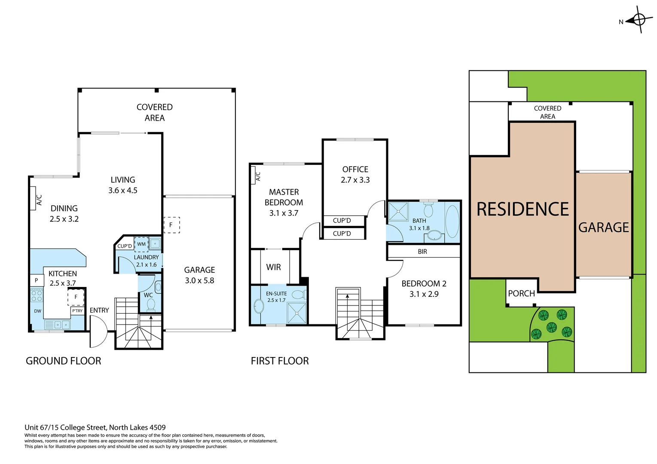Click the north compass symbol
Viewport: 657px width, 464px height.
tap(639, 20)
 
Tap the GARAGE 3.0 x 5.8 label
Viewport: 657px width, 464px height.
tap(199, 275)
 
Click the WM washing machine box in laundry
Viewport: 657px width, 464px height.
tap(141, 244)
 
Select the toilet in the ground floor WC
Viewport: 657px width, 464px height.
tap(151, 304)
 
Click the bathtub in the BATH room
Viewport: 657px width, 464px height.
tap(452, 222)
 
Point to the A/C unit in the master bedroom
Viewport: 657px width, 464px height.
tap(253, 176)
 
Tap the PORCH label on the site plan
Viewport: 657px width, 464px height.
tap(521, 293)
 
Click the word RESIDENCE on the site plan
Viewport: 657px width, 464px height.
tap(523, 209)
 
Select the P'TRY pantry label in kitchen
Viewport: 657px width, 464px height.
tap(77, 311)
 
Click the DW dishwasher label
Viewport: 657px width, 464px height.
tap(38, 311)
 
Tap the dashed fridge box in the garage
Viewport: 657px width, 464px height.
tap(171, 225)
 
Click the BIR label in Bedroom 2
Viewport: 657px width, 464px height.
tap(422, 252)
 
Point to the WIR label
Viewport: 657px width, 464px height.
tap(273, 267)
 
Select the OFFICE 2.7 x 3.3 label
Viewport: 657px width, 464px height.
tap(355, 174)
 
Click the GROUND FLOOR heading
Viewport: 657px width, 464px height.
tap(64, 361)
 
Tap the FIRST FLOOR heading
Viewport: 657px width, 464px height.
tap(280, 361)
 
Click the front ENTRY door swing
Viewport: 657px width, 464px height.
tap(98, 332)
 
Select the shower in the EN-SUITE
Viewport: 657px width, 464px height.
tap(297, 313)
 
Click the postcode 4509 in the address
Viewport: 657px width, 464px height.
tap(158, 427)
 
